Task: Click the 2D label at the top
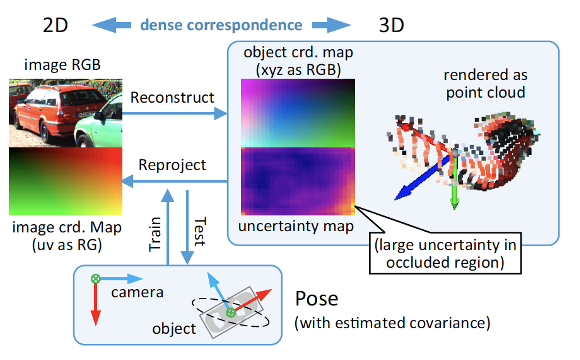pos(55,25)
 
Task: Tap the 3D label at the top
pos(391,25)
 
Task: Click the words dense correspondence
pos(221,25)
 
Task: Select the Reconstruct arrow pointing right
pos(174,113)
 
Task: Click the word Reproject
pos(172,165)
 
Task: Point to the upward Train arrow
pos(168,227)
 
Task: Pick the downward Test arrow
pos(187,227)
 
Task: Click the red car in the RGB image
pos(55,111)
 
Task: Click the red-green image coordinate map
pos(65,181)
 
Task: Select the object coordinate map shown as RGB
pos(298,113)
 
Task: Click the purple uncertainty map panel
pos(298,181)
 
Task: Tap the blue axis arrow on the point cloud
pos(424,178)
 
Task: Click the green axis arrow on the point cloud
pos(455,181)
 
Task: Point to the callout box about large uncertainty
pos(445,253)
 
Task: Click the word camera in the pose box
pos(137,292)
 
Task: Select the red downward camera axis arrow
pos(95,303)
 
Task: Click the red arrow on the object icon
pos(252,300)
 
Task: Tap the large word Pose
pos(317,298)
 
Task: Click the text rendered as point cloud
pos(485,84)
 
